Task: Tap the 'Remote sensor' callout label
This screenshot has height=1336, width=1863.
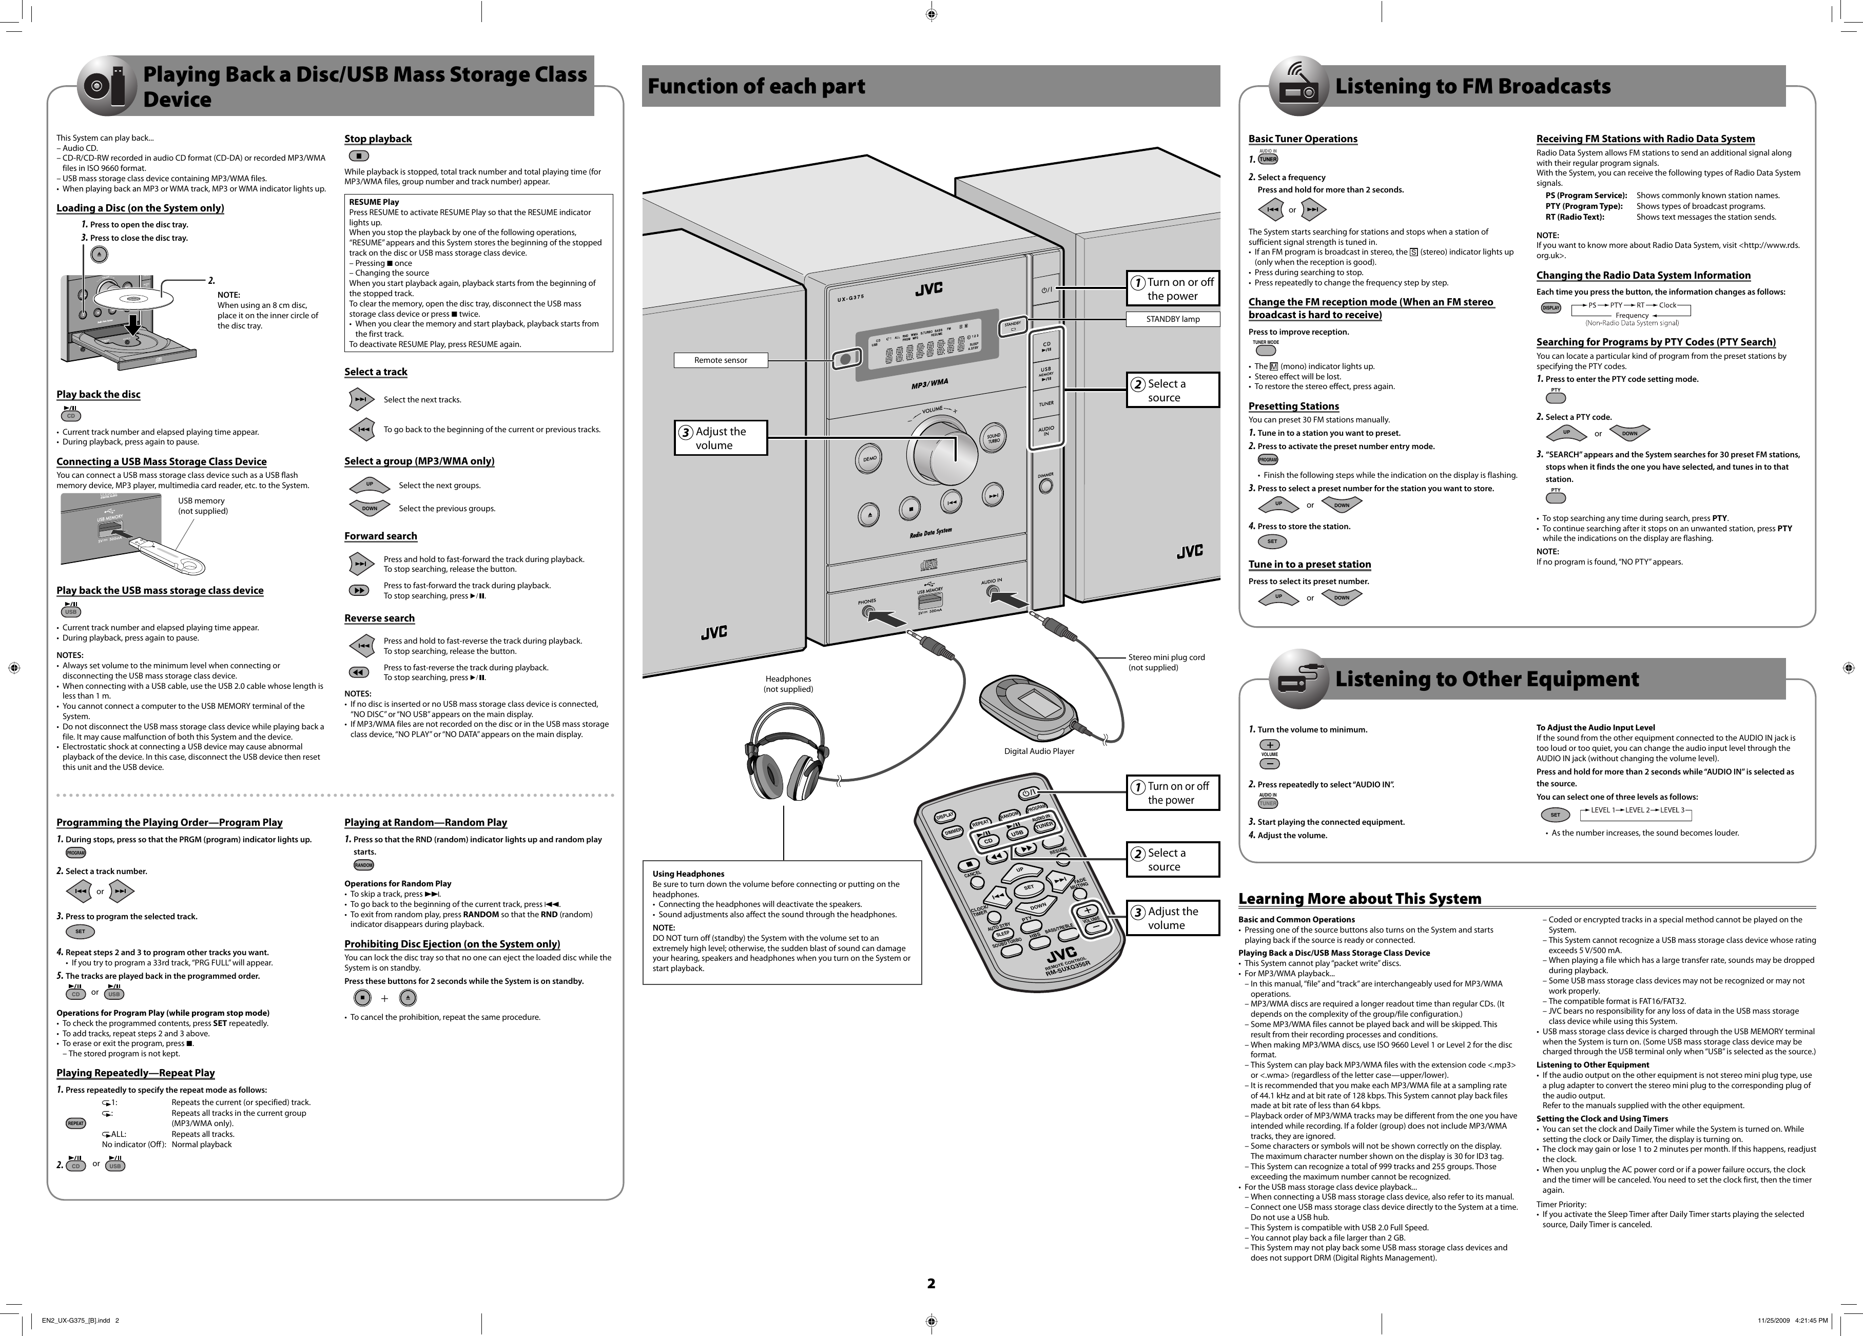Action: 721,360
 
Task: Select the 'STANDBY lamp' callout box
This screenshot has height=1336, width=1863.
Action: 1172,319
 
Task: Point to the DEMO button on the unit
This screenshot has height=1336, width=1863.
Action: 869,458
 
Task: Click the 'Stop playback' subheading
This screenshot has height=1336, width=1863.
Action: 378,139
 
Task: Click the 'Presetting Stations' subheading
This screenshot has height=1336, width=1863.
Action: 1293,406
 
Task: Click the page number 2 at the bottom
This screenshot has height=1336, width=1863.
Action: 930,1284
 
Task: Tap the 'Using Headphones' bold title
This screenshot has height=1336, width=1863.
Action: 688,874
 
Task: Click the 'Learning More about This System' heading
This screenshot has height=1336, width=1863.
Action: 1360,899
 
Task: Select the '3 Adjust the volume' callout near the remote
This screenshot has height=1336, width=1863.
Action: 1172,918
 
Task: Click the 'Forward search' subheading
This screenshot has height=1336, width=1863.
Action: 380,536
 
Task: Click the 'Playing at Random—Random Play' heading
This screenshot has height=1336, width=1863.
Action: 425,822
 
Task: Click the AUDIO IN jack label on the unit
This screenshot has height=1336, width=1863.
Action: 992,582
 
